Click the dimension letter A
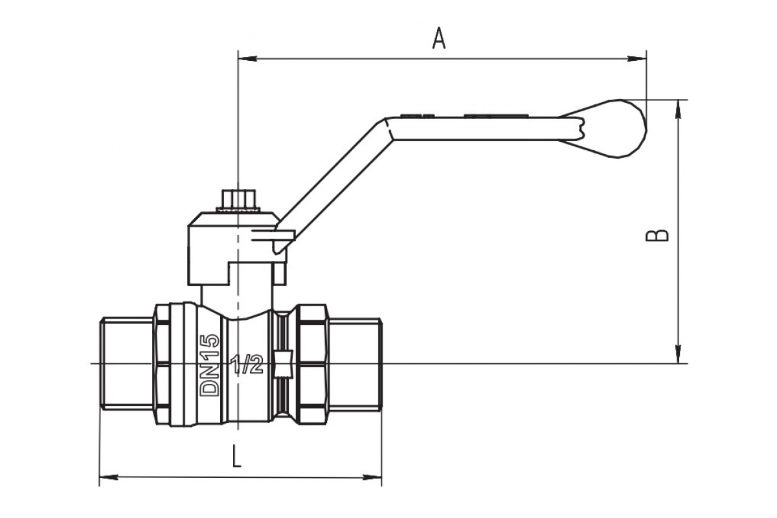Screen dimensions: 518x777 click(x=439, y=39)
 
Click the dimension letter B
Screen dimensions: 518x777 click(x=657, y=234)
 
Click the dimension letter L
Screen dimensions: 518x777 click(x=237, y=458)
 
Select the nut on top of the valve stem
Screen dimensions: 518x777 click(x=239, y=199)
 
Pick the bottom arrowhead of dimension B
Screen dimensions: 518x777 click(x=679, y=355)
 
